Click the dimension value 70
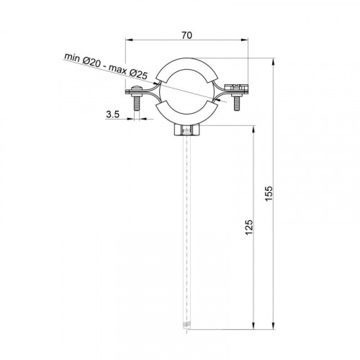[x=186, y=35]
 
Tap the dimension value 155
[x=269, y=194]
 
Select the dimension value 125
[x=249, y=228]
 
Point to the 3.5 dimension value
[x=113, y=114]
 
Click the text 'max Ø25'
[x=128, y=72]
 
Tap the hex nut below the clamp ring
[x=186, y=130]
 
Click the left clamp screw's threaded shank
[x=137, y=102]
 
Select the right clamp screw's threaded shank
[x=237, y=103]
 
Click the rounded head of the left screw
[x=137, y=88]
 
